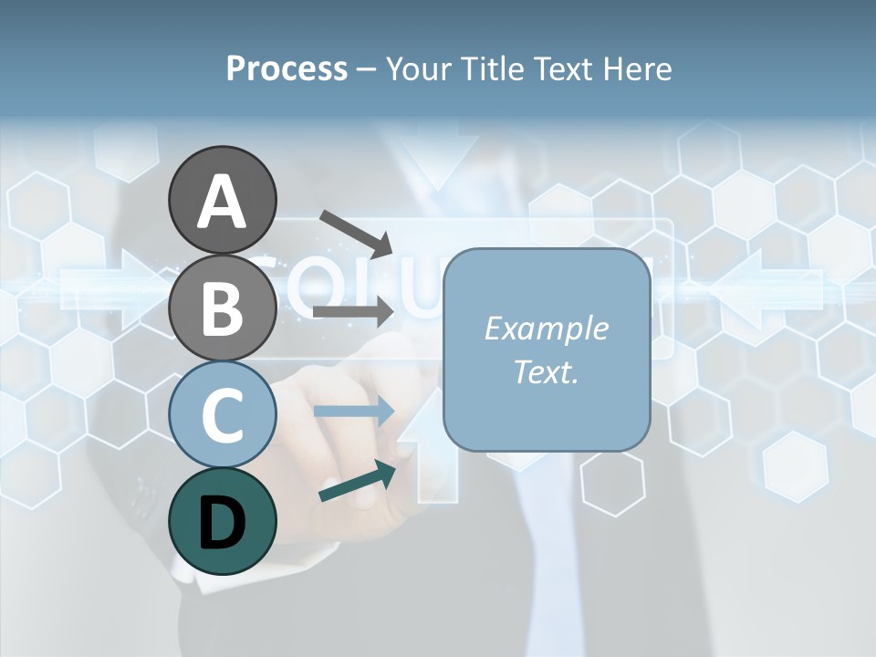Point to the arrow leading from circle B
coord(354,311)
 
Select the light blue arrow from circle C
coord(354,412)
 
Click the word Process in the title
coord(287,69)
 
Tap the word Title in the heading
coord(490,69)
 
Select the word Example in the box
coord(546,328)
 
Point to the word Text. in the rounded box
coord(546,371)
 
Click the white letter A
coord(222,203)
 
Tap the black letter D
coord(222,525)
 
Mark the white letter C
coord(222,417)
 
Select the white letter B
coord(222,309)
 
